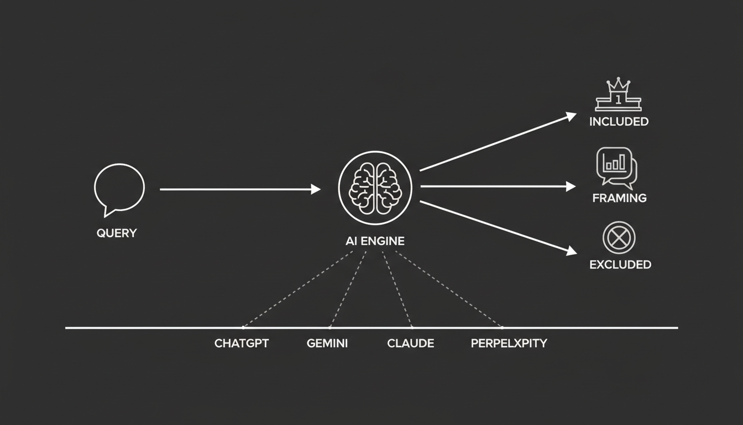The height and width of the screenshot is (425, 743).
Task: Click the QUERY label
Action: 117,233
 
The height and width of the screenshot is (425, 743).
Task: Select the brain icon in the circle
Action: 375,188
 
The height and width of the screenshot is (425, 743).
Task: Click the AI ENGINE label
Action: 375,241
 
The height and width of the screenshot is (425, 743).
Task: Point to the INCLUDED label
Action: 619,122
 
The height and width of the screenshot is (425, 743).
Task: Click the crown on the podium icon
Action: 618,85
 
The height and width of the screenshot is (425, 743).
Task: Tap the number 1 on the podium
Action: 618,100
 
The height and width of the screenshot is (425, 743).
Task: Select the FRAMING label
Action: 620,198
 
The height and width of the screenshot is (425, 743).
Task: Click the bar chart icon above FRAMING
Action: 617,168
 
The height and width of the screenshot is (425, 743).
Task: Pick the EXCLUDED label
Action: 620,265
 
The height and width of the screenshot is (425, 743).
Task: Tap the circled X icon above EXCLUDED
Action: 619,238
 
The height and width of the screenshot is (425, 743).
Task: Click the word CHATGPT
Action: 242,343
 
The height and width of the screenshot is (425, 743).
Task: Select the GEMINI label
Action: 327,343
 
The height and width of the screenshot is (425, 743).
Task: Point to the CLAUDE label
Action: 411,343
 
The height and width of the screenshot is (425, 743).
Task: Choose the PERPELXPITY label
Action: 509,343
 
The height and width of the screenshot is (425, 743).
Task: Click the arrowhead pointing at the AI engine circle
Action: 316,189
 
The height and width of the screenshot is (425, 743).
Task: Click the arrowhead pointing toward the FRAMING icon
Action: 571,186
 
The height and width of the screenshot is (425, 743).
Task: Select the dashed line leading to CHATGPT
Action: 298,289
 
